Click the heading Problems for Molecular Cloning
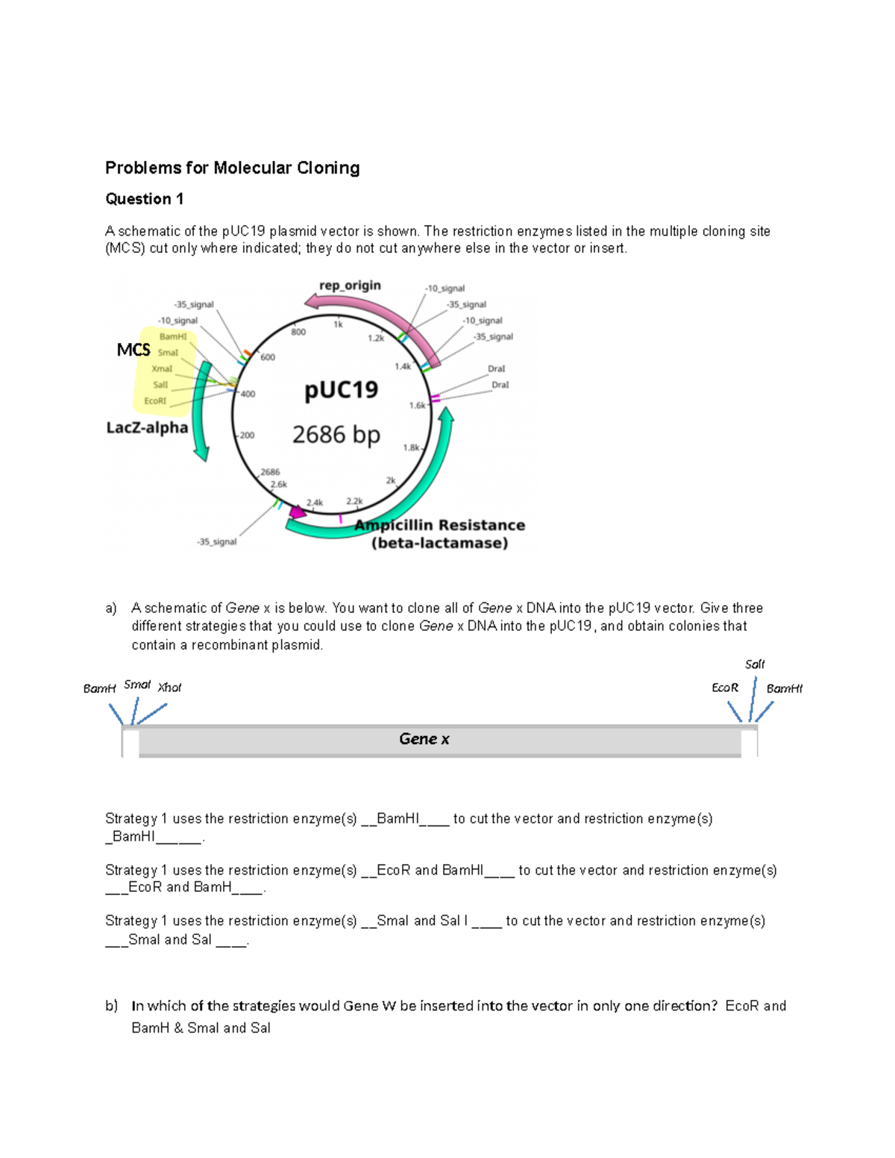point(232,168)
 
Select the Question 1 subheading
point(144,199)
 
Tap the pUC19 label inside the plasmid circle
point(341,390)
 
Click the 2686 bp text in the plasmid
point(336,434)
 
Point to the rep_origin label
point(350,286)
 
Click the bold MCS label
point(134,350)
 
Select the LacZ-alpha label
point(147,428)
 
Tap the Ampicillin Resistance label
point(439,525)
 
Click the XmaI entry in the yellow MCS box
point(162,369)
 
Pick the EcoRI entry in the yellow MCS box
point(155,401)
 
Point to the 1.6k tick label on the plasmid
point(417,406)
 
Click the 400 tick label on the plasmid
point(248,394)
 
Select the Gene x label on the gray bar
point(424,739)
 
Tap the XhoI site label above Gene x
point(169,687)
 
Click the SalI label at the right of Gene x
point(755,664)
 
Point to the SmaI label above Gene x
point(137,685)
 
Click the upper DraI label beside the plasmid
point(496,369)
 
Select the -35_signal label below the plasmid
point(216,542)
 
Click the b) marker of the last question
point(111,1006)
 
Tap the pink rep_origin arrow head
point(312,300)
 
